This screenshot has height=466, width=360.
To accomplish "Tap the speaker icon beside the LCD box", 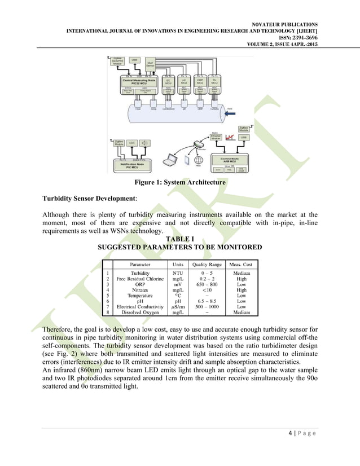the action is coord(146,143).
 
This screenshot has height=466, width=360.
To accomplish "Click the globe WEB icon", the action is coord(198,163).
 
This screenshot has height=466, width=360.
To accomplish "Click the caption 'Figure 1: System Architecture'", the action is coord(179,183).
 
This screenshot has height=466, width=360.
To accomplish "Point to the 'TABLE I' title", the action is coord(179,239).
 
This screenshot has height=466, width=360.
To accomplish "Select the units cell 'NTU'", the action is coord(177,272).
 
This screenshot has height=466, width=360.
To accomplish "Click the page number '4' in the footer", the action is coord(289,449).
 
